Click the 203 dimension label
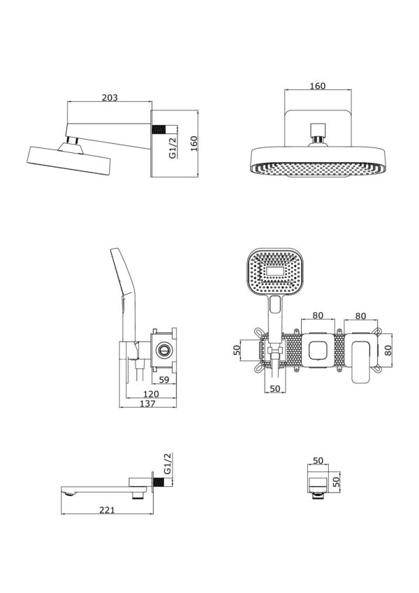click(110, 98)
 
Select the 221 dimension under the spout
click(107, 510)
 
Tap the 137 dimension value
click(147, 404)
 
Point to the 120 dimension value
click(152, 394)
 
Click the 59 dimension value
click(164, 379)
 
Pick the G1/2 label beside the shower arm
click(172, 148)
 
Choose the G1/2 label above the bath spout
click(168, 463)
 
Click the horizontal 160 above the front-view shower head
click(318, 86)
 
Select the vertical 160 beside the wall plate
click(193, 143)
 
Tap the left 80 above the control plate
click(318, 315)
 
